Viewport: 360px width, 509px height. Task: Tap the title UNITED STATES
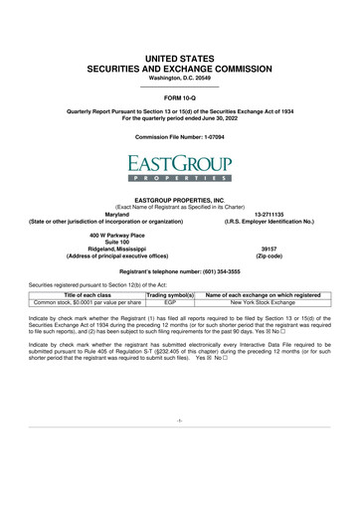click(179, 33)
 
